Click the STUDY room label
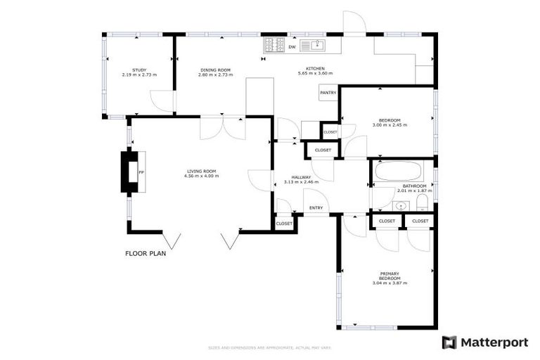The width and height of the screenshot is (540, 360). point(139,70)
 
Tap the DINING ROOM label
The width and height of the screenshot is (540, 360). point(215,70)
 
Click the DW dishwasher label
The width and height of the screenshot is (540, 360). point(292,46)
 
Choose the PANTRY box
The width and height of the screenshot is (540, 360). point(328,93)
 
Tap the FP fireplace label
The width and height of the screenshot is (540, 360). point(141,172)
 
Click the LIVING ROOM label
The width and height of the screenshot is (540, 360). point(201,170)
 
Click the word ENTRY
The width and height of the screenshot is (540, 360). point(316,207)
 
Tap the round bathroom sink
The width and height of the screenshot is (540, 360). point(401,206)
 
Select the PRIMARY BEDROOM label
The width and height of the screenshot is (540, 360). point(390,276)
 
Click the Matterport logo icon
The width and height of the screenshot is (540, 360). point(449,342)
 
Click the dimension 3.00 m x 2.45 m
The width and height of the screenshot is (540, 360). point(390,124)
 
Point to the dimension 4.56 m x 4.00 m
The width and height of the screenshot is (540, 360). point(201,176)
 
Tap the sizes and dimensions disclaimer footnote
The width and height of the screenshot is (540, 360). point(269,347)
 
